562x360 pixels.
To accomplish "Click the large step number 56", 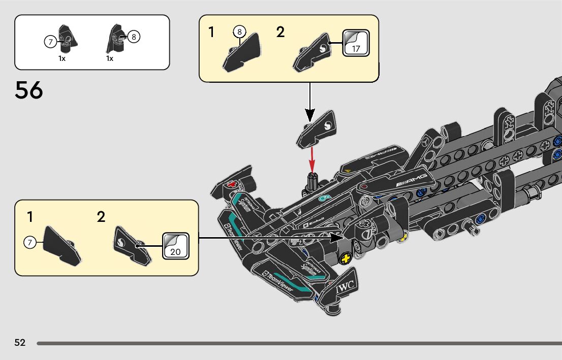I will [x=29, y=90].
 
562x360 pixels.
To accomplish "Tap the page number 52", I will [x=20, y=342].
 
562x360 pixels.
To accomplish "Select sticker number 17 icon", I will [x=356, y=43].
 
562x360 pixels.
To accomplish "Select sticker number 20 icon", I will [x=175, y=246].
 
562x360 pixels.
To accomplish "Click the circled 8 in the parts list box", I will [x=134, y=37].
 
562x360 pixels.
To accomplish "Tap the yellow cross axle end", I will [x=347, y=258].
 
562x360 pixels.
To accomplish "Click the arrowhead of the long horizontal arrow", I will [x=336, y=237].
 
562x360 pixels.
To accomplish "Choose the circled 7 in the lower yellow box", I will [x=29, y=243].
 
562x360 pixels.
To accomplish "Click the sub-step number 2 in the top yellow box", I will [x=280, y=32].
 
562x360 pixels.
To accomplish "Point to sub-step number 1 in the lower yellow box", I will [x=30, y=217].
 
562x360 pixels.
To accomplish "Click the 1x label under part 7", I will [x=61, y=58].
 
